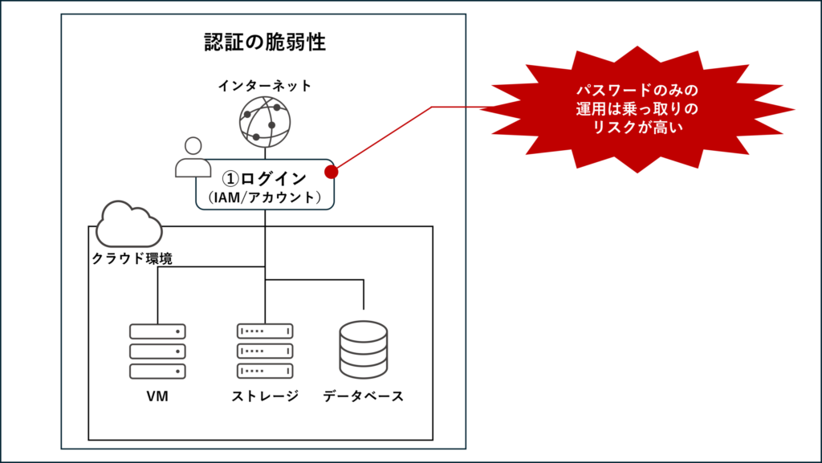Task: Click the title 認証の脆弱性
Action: [x=264, y=43]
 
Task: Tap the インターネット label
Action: [x=264, y=85]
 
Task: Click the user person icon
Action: [x=193, y=158]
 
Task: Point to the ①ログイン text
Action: [x=264, y=178]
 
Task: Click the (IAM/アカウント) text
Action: [x=264, y=197]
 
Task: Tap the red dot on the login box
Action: [x=330, y=171]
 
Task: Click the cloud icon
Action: [x=128, y=225]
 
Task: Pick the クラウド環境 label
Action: [x=132, y=259]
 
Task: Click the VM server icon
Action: [x=157, y=351]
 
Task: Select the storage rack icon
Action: [x=265, y=351]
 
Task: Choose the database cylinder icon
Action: [x=364, y=350]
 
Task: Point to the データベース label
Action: [x=364, y=396]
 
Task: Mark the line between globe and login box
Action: [x=264, y=153]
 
